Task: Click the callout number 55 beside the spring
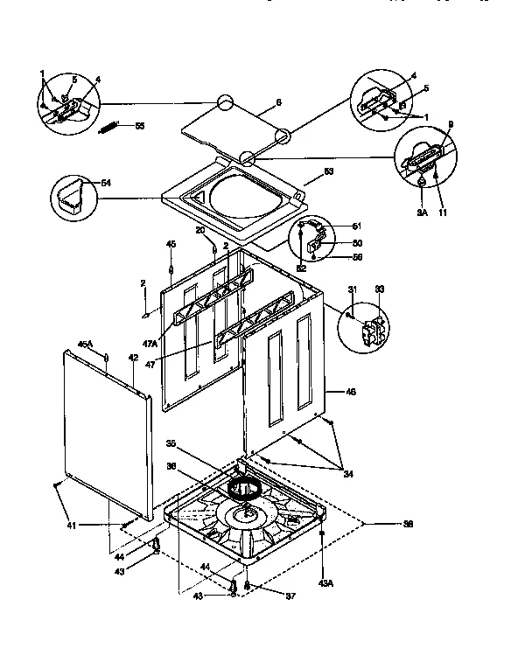click(x=140, y=127)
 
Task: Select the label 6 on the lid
click(x=278, y=102)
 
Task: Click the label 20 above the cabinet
click(x=200, y=229)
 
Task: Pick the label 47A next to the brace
click(x=150, y=343)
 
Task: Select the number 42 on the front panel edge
click(x=133, y=359)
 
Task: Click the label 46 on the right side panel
click(x=351, y=393)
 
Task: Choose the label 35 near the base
click(x=171, y=443)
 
